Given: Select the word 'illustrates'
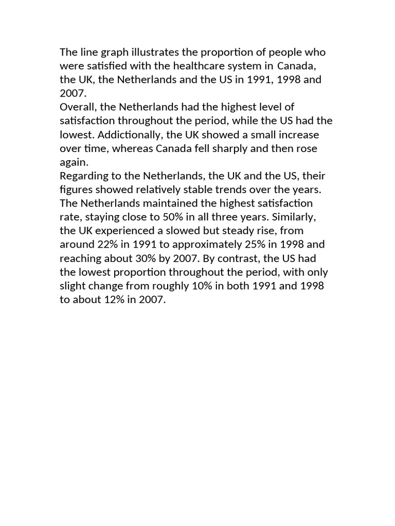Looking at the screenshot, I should (x=152, y=52).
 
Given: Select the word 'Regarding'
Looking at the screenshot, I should (x=83, y=176).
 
